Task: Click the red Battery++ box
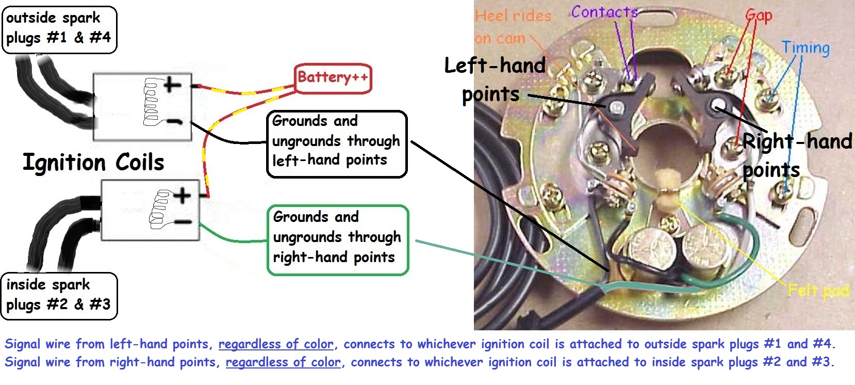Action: pos(333,78)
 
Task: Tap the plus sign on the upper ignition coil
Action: pos(173,84)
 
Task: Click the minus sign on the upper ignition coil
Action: pos(174,122)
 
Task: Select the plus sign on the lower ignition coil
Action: pos(182,196)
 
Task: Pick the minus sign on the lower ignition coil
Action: pos(183,222)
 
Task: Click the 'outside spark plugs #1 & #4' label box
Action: pos(59,29)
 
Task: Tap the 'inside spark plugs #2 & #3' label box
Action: pos(59,296)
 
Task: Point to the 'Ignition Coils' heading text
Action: pos(93,162)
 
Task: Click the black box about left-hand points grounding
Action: pos(337,144)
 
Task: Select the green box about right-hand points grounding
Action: pos(338,240)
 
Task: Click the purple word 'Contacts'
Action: pos(604,12)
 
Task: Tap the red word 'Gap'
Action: pos(759,16)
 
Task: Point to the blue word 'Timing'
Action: pos(805,48)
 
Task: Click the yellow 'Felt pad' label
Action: pos(818,291)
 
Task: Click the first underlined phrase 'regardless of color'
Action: pos(276,344)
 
